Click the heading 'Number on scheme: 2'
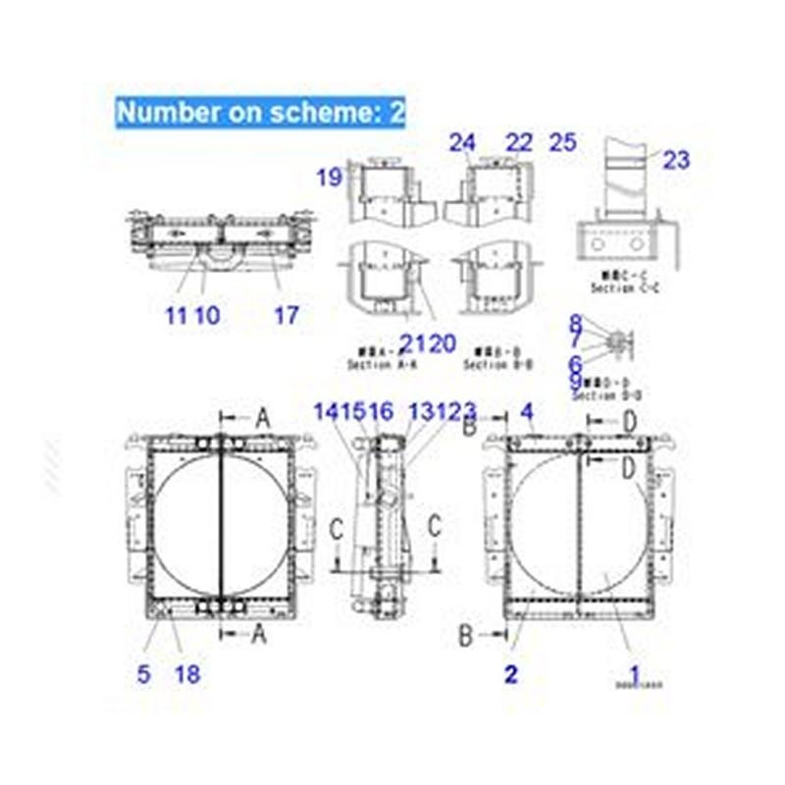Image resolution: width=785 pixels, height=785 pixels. (x=260, y=112)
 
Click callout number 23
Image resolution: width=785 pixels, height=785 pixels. (x=676, y=160)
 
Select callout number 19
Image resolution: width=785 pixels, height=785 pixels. (x=329, y=178)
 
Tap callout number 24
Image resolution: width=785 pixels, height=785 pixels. (x=462, y=142)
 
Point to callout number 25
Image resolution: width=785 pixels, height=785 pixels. (x=563, y=142)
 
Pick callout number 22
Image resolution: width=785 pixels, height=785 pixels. (x=518, y=142)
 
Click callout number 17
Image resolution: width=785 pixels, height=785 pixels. (x=287, y=315)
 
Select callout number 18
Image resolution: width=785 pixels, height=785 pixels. (x=186, y=674)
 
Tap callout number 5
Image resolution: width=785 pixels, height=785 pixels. (x=143, y=674)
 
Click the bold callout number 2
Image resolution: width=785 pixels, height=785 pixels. (x=510, y=674)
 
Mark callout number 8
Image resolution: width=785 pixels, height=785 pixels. (x=576, y=322)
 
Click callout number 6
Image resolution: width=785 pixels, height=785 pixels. (x=576, y=362)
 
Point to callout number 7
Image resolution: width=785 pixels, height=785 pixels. (x=576, y=340)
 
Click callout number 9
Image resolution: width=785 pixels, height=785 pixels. (x=576, y=383)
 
